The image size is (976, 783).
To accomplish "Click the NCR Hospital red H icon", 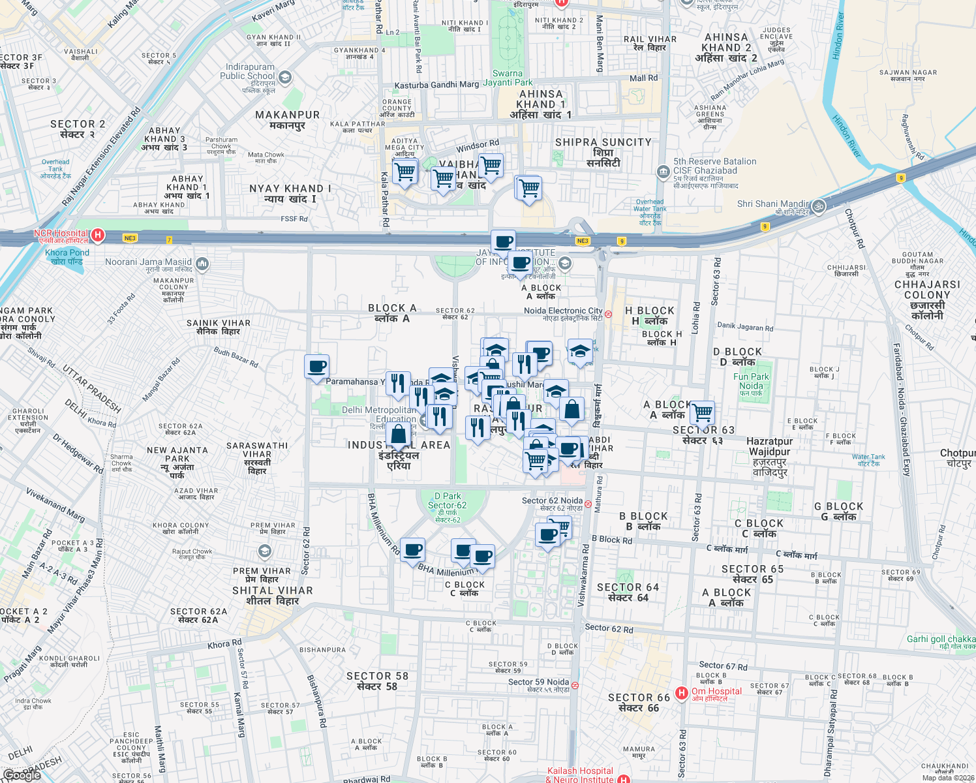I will pos(97,234).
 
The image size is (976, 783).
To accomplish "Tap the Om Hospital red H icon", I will pos(682,693).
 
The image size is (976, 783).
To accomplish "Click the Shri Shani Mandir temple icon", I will pos(819,207).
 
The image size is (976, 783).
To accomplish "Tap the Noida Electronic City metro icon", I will pos(608,314).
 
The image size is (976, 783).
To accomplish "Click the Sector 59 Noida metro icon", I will pos(575,685).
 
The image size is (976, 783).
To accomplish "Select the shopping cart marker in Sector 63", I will pos(703,412).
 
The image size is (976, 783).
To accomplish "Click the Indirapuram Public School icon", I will pos(284,77).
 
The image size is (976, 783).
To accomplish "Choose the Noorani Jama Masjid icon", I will pos(202,264).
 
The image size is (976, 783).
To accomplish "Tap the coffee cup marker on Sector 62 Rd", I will pos(316,367).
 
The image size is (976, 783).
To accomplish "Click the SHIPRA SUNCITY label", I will pos(603,142).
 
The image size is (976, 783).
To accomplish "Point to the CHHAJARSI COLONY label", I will pos(927,290).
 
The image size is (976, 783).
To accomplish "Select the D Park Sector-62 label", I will pos(448,501).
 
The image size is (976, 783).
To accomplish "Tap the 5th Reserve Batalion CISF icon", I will pos(663,172).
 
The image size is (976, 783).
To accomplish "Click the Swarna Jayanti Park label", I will pos(508,78).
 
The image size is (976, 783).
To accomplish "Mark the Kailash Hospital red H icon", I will pos(624,778).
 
